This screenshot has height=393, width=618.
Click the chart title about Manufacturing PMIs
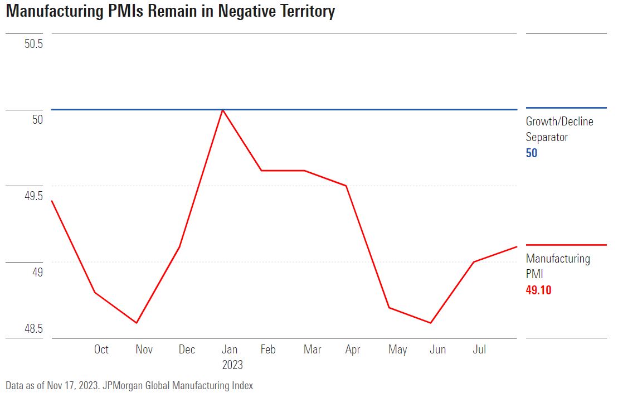pos(170,11)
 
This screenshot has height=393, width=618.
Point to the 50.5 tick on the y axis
pos(33,43)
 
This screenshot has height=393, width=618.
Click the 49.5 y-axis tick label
pos(33,196)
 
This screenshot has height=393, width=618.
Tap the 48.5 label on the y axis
pos(33,328)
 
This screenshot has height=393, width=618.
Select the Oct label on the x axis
pos(101,350)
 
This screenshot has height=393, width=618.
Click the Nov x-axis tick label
pos(144,350)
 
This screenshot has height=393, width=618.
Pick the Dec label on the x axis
pos(187,350)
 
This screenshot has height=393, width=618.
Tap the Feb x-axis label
pos(268,350)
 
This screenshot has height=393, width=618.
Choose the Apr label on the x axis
pos(352,350)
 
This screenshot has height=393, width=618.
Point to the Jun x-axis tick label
pos(437,350)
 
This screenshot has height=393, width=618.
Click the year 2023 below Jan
pos(232,365)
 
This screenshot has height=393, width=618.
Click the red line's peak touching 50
pos(223,110)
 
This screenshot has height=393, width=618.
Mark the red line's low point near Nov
pos(137,323)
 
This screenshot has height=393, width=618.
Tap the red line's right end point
pos(517,246)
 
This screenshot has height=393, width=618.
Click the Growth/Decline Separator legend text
pos(559,129)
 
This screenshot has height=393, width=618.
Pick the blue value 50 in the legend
pos(532,153)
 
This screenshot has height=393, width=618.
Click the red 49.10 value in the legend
pos(538,290)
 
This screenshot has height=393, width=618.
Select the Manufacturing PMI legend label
pos(557,266)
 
